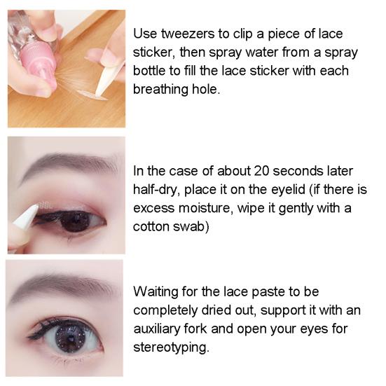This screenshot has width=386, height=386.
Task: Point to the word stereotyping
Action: click(x=169, y=346)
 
